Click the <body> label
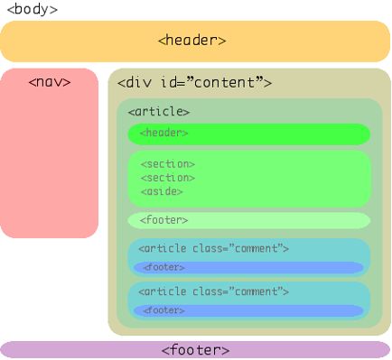point(32,9)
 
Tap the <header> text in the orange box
point(191,40)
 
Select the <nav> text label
point(50,82)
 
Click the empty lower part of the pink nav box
point(50,180)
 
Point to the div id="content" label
point(194,83)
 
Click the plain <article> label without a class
point(159,111)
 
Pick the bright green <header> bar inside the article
point(248,134)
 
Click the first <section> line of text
point(167,164)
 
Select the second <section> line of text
point(167,178)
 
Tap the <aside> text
point(162,191)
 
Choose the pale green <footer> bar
point(248,220)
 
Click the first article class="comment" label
point(213,248)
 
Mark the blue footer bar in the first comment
point(248,267)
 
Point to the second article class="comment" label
point(213,291)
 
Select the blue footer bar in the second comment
point(248,310)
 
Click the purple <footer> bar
point(195,349)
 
